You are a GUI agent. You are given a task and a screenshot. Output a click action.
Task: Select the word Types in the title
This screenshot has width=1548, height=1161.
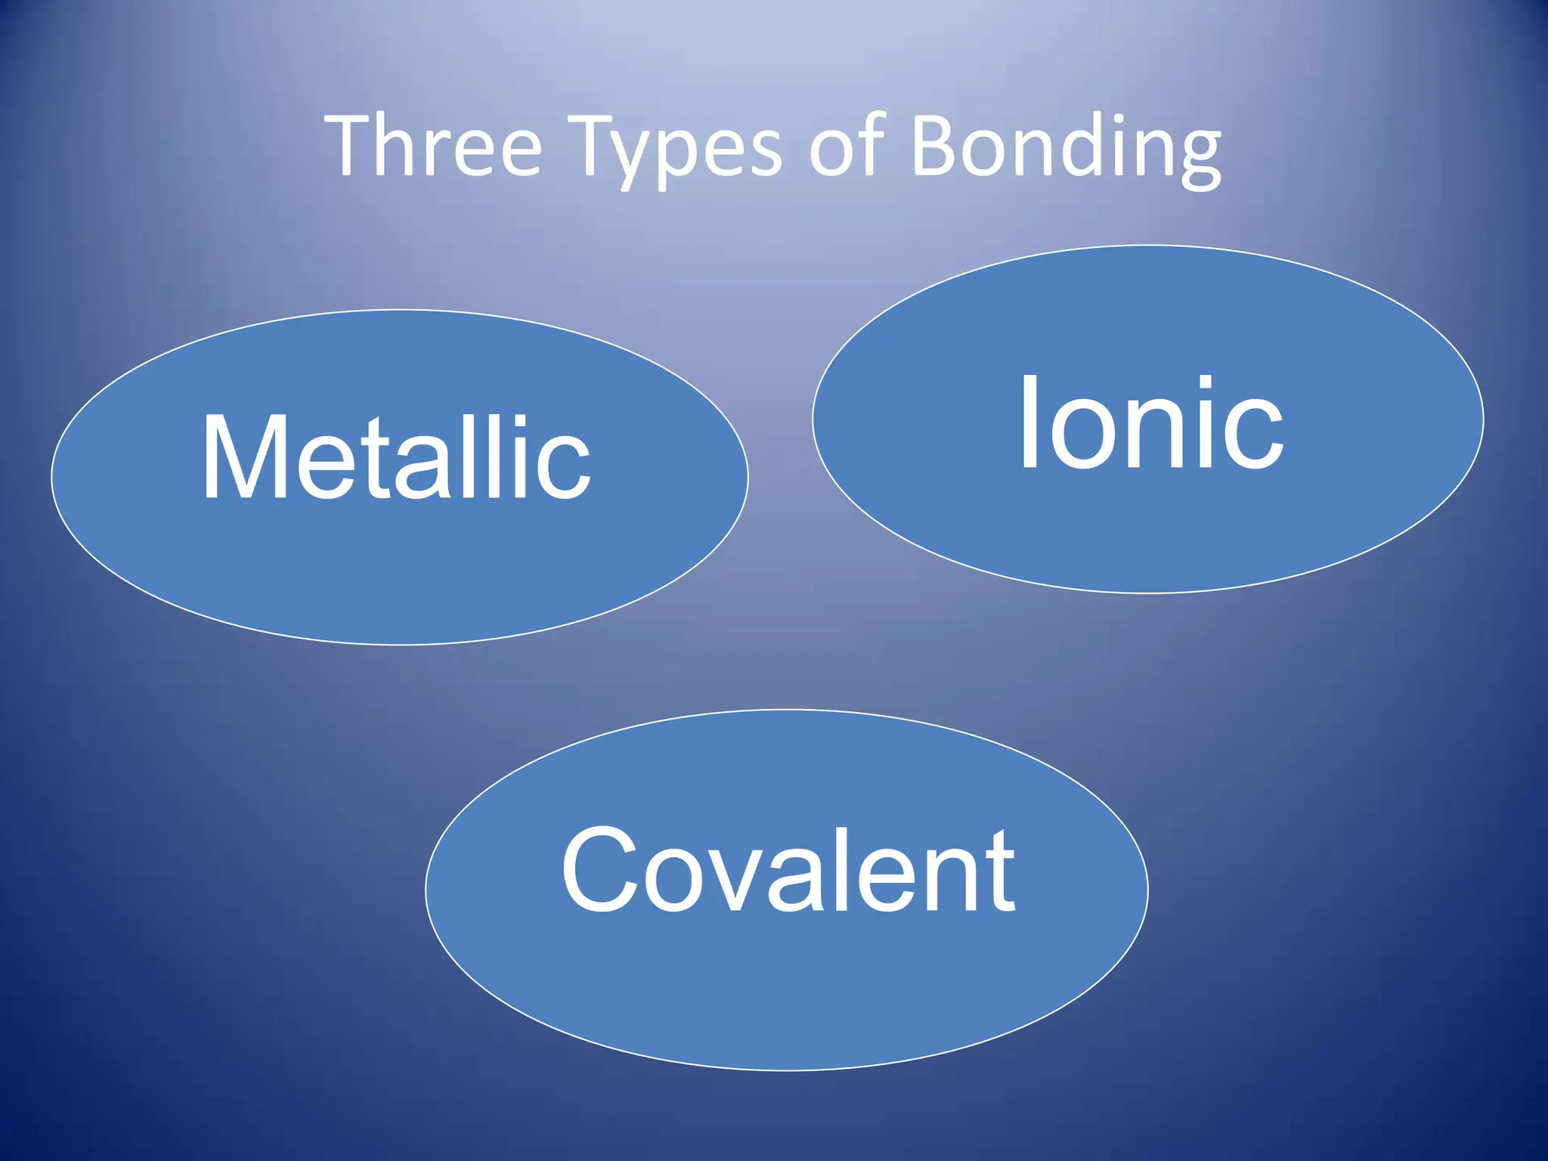tap(676, 147)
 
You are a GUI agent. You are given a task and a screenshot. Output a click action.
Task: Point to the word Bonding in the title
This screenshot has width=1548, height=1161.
tap(1066, 147)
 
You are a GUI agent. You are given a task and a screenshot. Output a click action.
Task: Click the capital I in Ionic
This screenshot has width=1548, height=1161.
tap(1029, 422)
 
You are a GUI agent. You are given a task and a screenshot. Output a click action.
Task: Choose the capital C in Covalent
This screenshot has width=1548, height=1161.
tap(600, 869)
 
